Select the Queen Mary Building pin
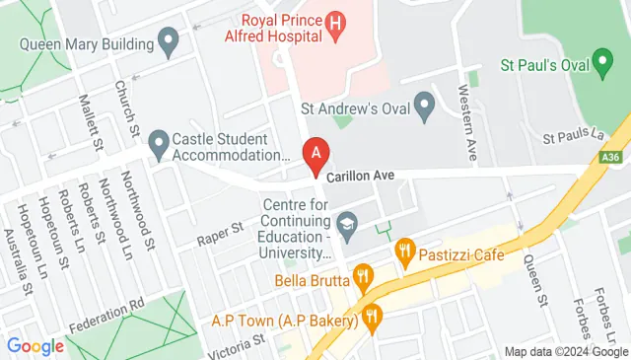click(x=169, y=43)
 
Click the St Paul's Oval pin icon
click(x=604, y=66)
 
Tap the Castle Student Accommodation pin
click(x=159, y=146)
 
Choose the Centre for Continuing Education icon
click(x=346, y=226)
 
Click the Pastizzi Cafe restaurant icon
click(x=403, y=255)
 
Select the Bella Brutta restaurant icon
click(x=362, y=277)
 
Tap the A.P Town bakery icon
click(x=372, y=318)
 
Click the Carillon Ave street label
click(x=361, y=175)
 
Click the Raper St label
click(x=219, y=234)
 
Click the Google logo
click(x=35, y=346)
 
